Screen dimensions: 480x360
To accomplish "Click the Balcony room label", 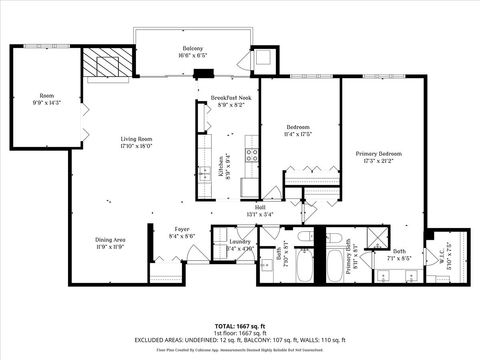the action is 193,48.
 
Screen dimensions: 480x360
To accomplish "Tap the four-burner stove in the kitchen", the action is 252,155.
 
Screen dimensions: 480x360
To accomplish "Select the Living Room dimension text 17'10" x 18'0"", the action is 136,146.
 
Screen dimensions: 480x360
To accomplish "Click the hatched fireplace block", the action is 108,62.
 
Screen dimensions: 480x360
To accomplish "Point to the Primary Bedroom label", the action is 378,154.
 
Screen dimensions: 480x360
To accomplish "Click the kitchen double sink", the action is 205,174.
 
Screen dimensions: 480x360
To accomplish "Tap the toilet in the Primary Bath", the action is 334,238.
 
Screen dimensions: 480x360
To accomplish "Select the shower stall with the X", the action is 378,238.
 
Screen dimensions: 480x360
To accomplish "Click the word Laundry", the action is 240,242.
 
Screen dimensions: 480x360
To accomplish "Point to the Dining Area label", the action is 110,240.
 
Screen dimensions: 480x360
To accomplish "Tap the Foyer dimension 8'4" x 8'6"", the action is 182,236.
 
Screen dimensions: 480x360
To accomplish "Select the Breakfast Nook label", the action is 231,98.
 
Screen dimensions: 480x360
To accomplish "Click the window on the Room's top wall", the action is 46,46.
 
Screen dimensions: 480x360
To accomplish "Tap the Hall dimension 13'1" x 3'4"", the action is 260,214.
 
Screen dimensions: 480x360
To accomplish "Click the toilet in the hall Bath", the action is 306,236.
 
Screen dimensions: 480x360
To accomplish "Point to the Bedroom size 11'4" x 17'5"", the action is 298,134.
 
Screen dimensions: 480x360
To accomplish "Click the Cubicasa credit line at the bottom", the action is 240,350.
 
